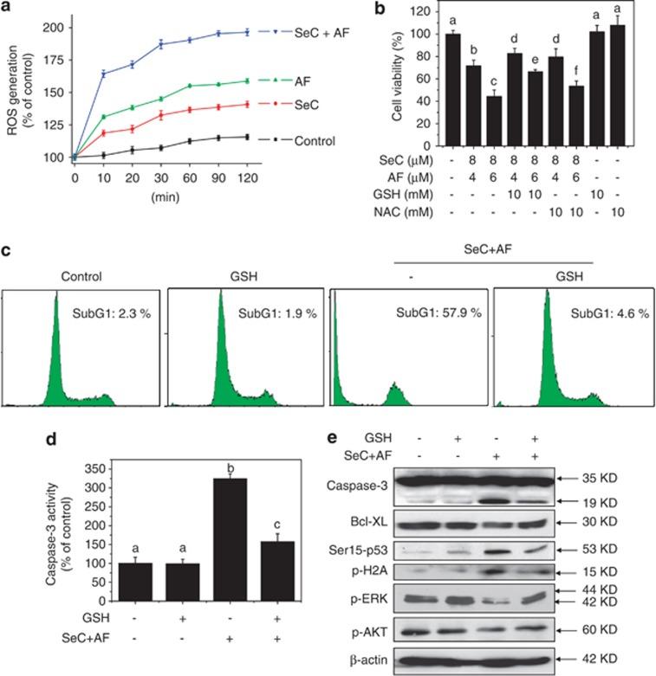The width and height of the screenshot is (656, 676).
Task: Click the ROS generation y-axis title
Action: (x=19, y=85)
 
